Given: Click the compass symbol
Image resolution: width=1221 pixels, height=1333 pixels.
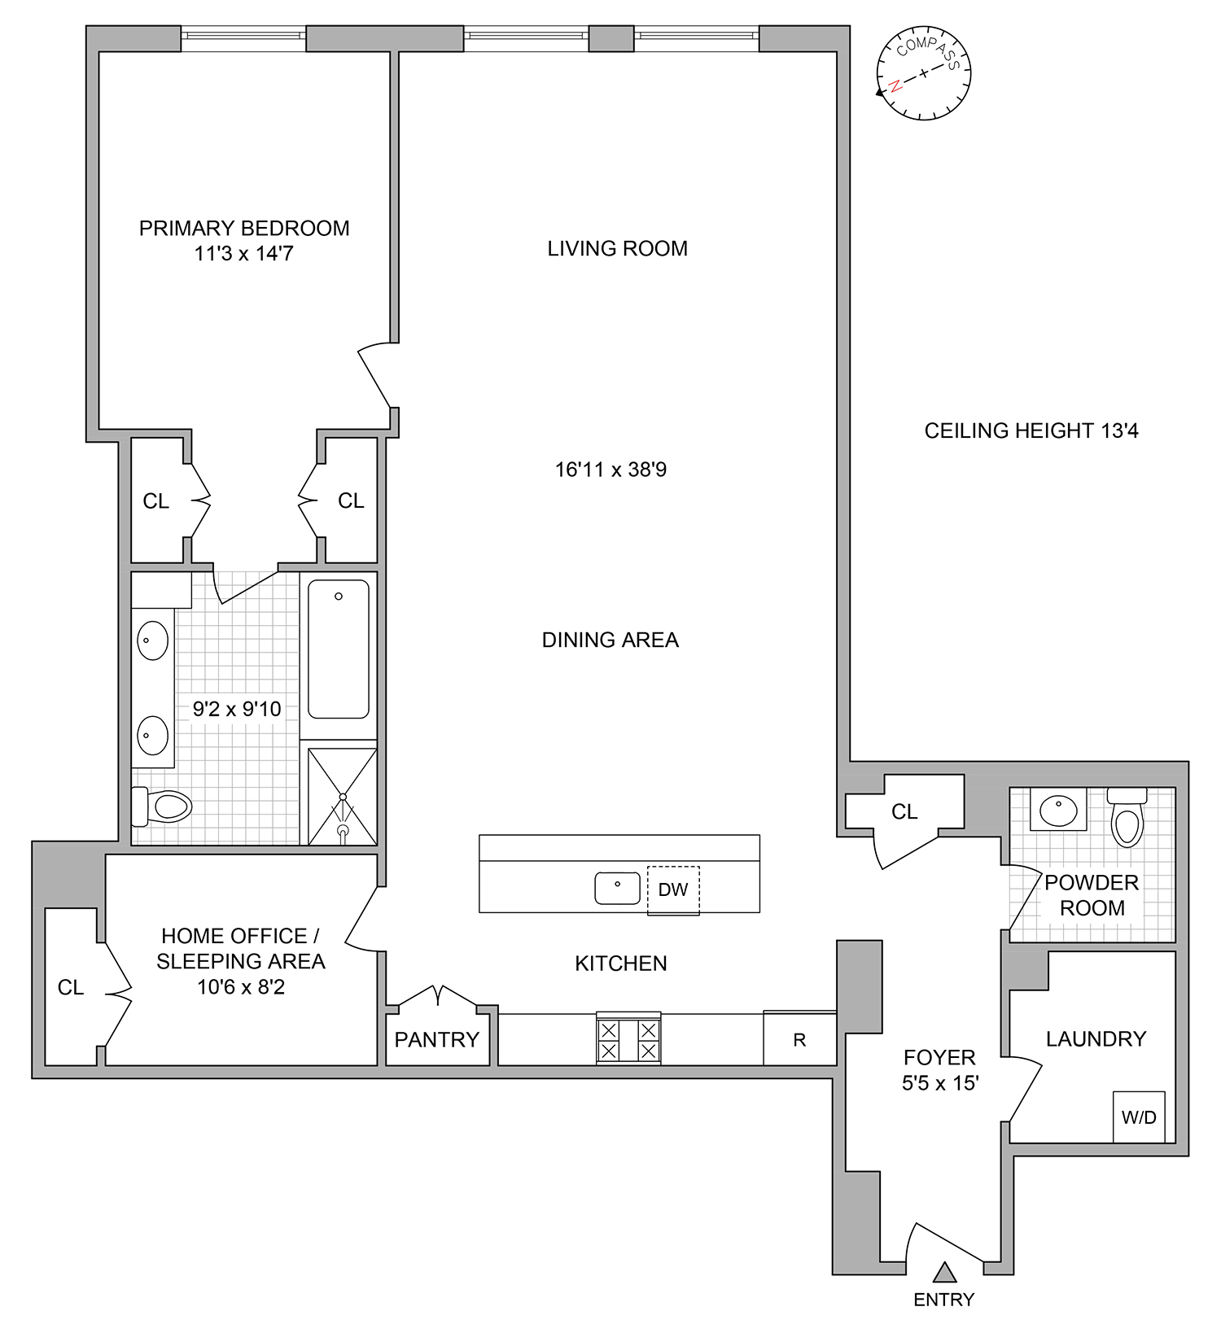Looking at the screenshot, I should click(x=923, y=73).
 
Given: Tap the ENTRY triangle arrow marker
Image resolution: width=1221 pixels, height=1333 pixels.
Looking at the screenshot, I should click(x=944, y=1272).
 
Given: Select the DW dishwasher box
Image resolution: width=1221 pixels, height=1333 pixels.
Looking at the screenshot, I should click(x=673, y=889).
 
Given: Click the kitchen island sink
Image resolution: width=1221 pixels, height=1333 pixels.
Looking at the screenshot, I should click(x=617, y=888).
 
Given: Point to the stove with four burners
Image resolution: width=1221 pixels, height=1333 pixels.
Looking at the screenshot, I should click(x=628, y=1039).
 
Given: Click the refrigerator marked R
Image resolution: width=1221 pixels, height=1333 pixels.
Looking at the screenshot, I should click(x=799, y=1039).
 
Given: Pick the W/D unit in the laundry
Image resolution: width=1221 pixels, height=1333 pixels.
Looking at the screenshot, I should click(x=1139, y=1117).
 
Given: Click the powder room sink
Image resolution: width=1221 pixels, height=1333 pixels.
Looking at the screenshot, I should click(x=1058, y=810).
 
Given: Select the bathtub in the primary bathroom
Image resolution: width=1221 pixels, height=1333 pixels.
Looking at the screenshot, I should click(x=339, y=649).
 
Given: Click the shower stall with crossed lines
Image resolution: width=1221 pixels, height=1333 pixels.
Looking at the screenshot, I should click(x=342, y=797).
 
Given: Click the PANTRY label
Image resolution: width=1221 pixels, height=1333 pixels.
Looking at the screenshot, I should click(x=437, y=1039).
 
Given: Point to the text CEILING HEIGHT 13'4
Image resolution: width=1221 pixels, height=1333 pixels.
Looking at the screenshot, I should click(x=1031, y=430).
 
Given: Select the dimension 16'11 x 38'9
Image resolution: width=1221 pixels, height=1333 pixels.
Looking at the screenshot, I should click(x=610, y=470).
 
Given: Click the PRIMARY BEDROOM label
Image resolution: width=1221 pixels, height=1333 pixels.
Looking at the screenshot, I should click(x=244, y=229).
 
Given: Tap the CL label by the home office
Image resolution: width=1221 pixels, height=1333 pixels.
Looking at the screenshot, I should click(x=71, y=987).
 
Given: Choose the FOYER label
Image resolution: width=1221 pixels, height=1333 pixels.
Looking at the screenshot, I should click(x=939, y=1057).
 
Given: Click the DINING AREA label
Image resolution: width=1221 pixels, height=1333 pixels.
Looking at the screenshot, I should click(x=610, y=640).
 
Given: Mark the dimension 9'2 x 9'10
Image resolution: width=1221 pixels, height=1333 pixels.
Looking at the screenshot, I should click(x=237, y=709).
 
